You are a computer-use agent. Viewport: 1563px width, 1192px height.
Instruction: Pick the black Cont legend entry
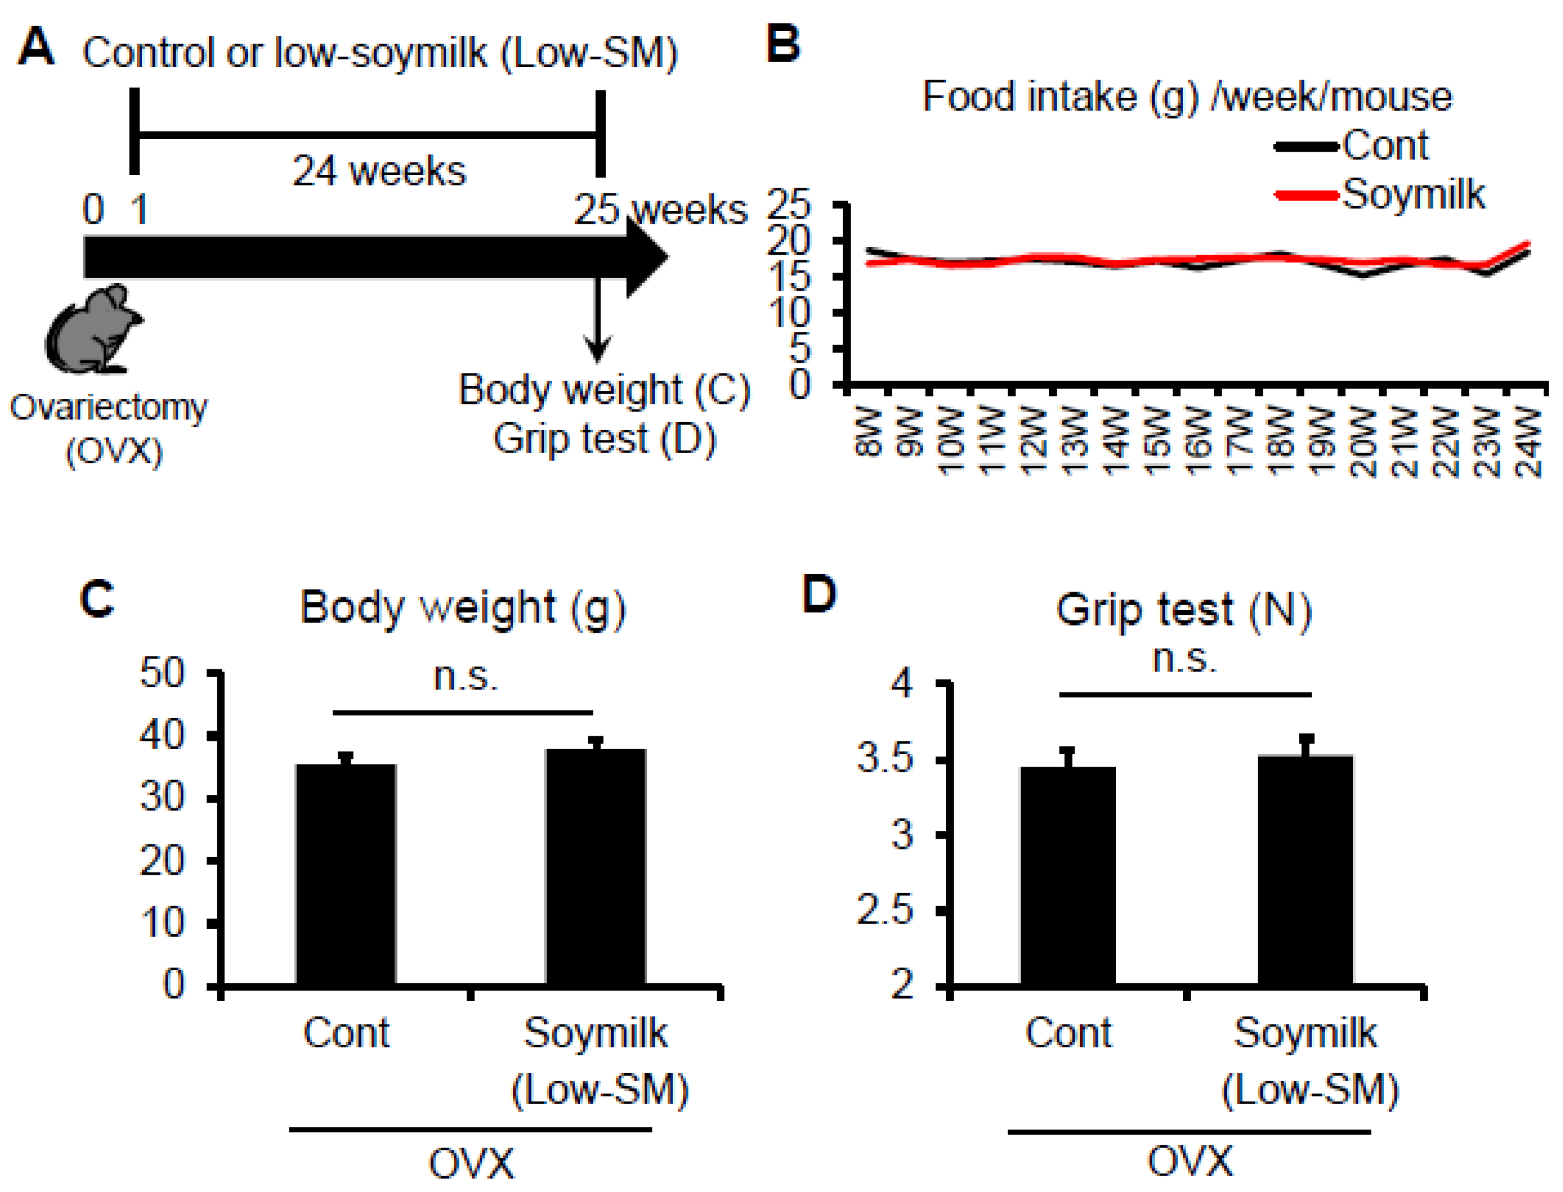(1351, 145)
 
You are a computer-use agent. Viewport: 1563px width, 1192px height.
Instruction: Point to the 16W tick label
(1198, 442)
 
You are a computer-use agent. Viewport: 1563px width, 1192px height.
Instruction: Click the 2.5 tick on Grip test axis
(884, 910)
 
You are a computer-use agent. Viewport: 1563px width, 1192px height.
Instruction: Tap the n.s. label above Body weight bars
(465, 676)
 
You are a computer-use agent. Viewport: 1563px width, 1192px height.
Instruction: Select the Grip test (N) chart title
(1183, 609)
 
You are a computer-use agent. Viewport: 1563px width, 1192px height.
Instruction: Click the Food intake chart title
(1187, 97)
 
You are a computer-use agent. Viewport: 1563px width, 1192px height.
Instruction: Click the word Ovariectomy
(109, 408)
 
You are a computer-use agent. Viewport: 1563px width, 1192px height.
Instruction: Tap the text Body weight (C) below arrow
(604, 390)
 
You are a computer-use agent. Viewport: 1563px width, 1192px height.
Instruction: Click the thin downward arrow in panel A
(597, 319)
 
